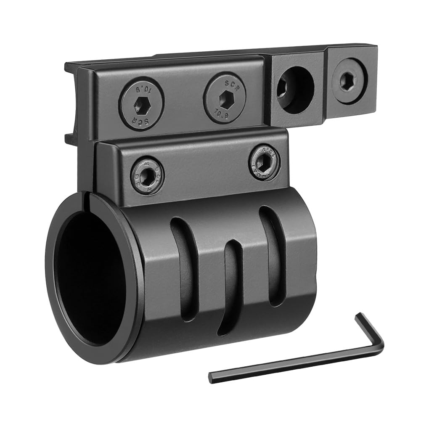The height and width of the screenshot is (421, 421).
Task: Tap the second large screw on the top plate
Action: [225, 98]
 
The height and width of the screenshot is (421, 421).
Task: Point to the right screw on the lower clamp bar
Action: [264, 162]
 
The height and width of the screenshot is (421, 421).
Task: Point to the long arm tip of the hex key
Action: [212, 376]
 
